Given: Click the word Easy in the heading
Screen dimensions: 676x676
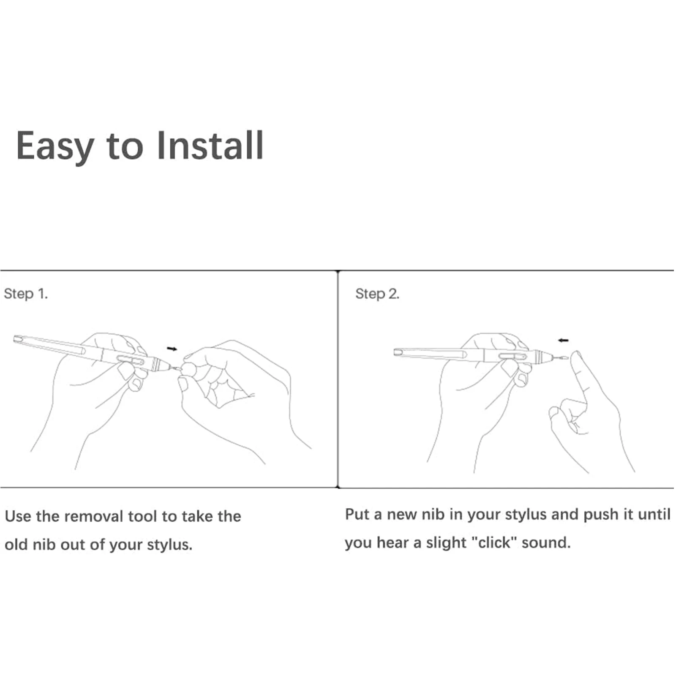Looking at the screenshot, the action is (x=55, y=146).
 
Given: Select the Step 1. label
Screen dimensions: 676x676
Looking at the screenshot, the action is (x=26, y=294).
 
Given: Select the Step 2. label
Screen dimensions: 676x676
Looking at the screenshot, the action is (x=377, y=294).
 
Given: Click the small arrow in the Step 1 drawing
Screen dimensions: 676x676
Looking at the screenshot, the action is (x=172, y=349).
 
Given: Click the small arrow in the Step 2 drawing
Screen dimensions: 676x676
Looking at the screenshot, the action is (x=563, y=340).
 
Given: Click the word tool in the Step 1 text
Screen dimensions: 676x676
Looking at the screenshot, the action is (x=142, y=516).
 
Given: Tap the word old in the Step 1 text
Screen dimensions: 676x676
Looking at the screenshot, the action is (x=16, y=544).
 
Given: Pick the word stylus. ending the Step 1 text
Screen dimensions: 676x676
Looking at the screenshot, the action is (x=169, y=545).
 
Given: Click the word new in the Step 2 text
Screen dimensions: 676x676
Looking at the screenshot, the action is (x=401, y=514).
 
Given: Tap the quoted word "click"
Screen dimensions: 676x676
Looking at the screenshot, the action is (x=494, y=542).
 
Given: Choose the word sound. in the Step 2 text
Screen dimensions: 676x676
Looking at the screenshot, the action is (x=546, y=542).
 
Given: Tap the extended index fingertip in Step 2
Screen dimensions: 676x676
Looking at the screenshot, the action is (x=575, y=356).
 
